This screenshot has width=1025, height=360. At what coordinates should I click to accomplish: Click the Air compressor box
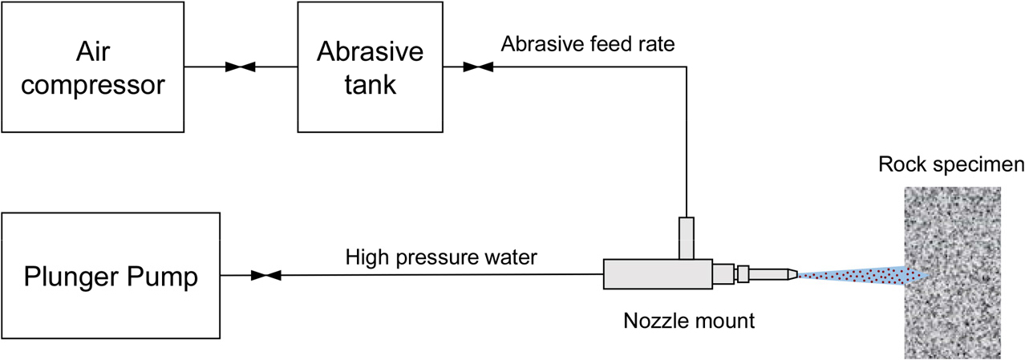91,67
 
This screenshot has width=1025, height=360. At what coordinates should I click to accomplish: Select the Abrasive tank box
370,67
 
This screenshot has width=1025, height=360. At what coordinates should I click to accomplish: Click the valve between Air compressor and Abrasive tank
241,67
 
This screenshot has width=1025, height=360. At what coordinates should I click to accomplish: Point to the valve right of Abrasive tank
479,67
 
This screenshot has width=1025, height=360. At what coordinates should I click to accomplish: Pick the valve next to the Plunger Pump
265,276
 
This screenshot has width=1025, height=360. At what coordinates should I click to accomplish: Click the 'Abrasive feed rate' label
587,44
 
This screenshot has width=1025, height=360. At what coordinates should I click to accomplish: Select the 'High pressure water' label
441,257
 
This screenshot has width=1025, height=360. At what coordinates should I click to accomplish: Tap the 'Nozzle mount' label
689,322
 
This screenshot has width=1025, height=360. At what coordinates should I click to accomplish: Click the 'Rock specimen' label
951,166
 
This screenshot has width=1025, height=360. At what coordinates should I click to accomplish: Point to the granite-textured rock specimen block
952,273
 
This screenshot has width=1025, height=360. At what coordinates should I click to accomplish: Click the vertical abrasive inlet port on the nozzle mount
687,238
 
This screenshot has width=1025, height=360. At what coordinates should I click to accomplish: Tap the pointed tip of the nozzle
792,275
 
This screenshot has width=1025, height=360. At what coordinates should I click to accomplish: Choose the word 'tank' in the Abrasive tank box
370,84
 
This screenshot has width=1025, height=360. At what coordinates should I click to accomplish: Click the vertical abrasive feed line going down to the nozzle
687,144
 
